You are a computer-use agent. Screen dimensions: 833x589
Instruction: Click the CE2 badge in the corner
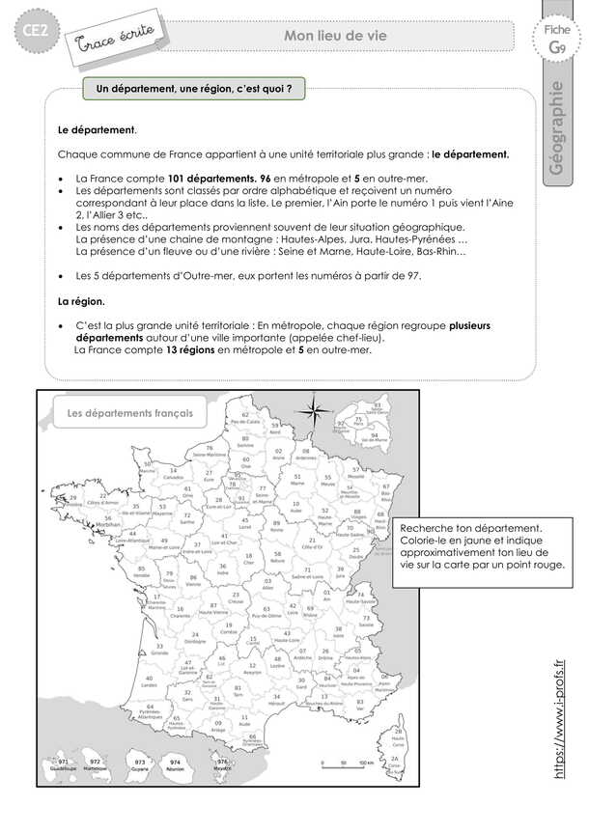tap(27, 35)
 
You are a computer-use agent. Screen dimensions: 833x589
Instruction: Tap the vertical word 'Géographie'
tap(555, 127)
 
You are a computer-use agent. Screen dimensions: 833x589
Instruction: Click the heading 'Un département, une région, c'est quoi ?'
tap(194, 89)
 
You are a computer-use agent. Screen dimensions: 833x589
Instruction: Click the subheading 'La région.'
tap(82, 301)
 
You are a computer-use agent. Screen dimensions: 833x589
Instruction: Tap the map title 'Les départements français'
tap(124, 414)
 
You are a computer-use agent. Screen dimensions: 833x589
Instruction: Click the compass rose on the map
tap(314, 412)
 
